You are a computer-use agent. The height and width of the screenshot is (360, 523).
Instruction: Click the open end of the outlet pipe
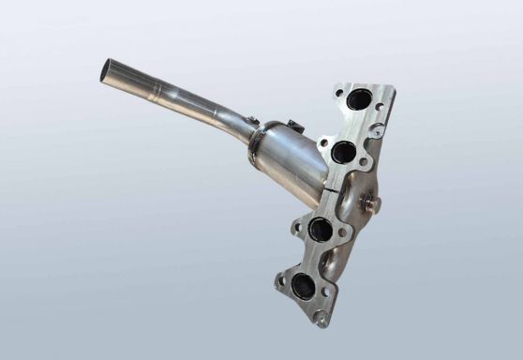point(111,70)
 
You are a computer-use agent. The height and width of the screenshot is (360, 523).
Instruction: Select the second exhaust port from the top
point(342,152)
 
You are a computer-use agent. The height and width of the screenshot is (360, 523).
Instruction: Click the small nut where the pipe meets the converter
point(252,120)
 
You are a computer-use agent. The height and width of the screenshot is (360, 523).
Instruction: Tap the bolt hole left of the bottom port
point(280,278)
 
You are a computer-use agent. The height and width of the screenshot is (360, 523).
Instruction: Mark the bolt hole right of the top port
point(379,107)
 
